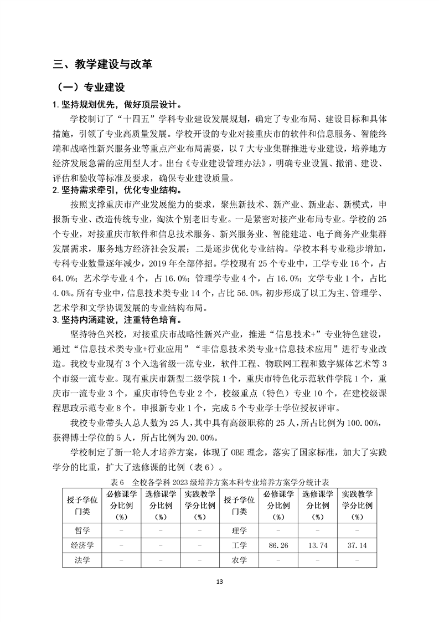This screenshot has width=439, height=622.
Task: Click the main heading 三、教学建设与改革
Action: [x=102, y=64]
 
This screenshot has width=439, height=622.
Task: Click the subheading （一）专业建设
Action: [x=88, y=88]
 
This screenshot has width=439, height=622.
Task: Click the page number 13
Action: [x=220, y=582]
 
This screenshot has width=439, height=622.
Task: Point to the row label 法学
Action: [x=82, y=560]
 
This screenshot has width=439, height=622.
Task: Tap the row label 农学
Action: [x=239, y=560]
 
